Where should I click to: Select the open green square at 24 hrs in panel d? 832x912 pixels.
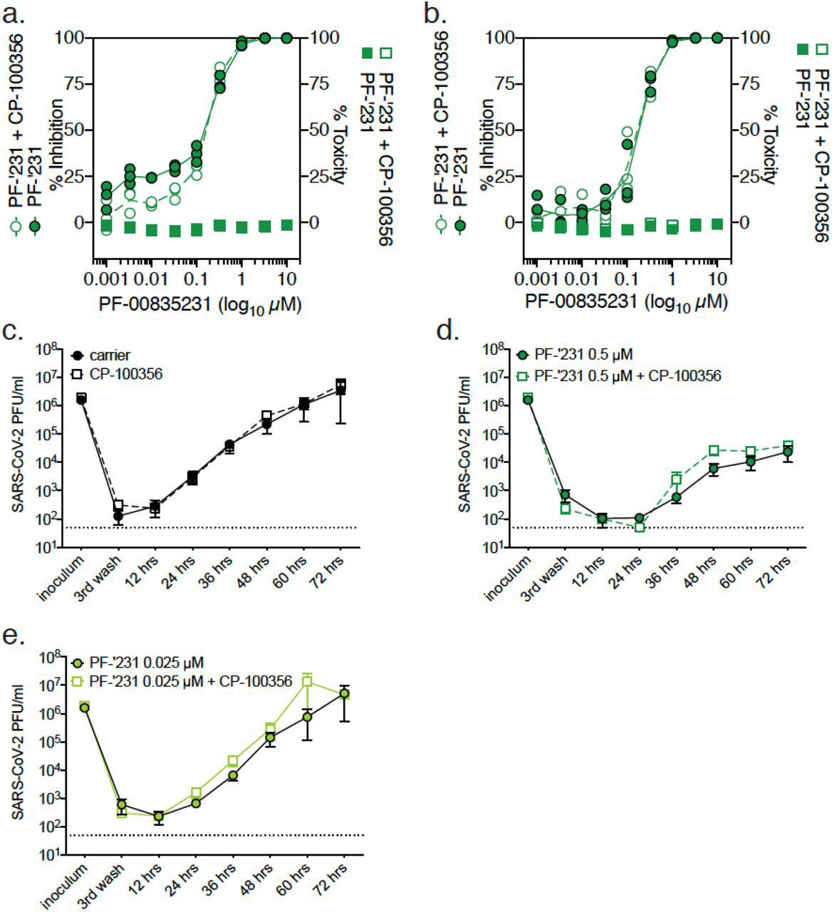point(640,527)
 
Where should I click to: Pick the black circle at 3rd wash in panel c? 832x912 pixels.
point(118,516)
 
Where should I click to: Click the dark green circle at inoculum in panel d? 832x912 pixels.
point(528,399)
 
